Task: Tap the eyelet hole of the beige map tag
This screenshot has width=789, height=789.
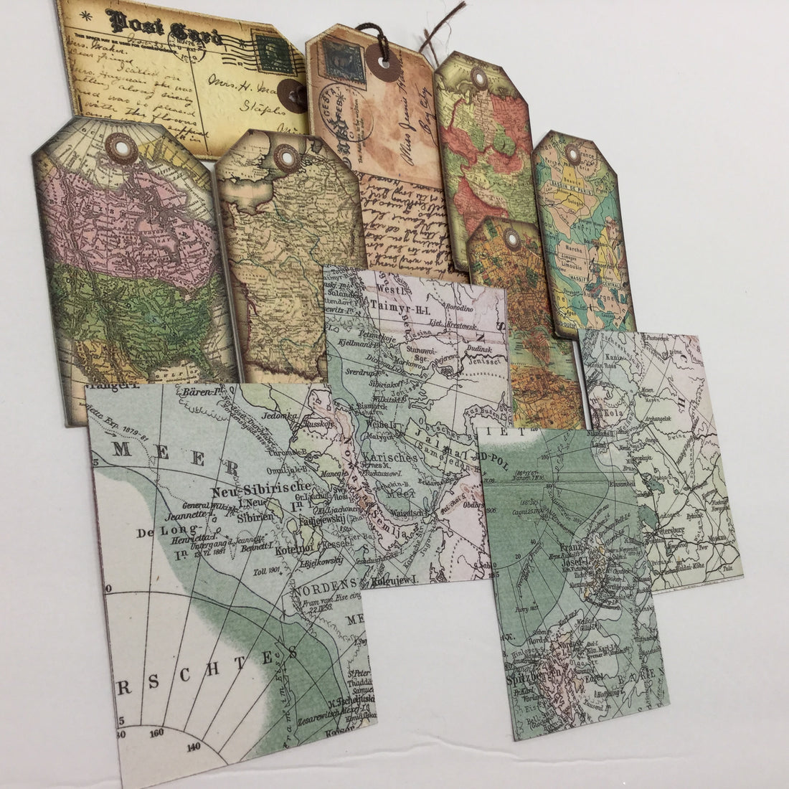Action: pos(285,154)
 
